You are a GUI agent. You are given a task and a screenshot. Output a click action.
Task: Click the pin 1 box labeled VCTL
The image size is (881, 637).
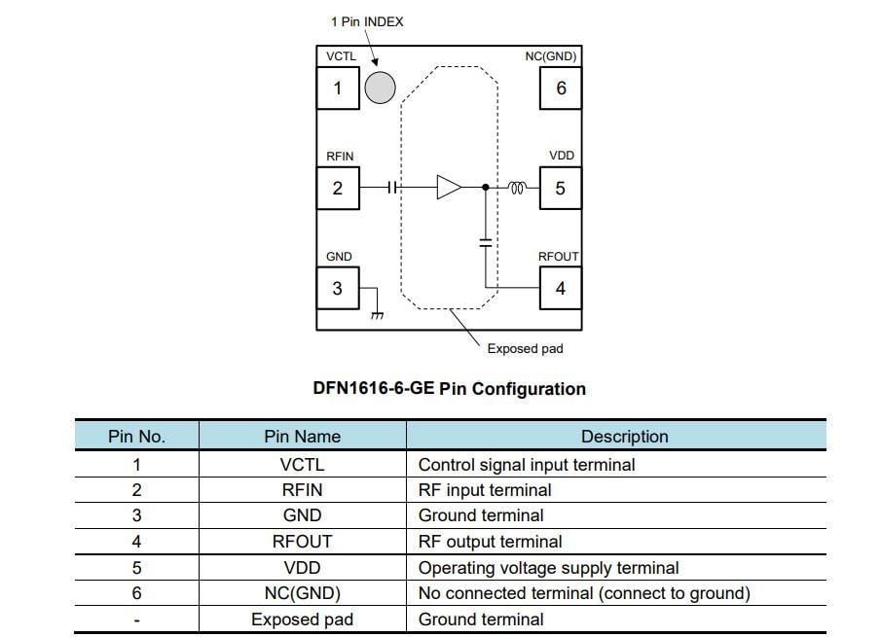click(338, 88)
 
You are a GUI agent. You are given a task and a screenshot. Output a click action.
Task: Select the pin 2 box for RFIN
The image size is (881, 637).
click(338, 188)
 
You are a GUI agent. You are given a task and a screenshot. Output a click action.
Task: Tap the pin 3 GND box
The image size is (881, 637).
click(338, 288)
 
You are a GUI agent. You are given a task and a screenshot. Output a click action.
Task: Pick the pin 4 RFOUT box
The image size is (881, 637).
click(560, 288)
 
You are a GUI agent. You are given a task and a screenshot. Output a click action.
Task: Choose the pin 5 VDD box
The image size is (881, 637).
click(560, 188)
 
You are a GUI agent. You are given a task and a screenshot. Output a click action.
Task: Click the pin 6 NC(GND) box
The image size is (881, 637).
click(561, 88)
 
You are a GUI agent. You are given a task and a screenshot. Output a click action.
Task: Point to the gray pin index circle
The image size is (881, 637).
click(380, 88)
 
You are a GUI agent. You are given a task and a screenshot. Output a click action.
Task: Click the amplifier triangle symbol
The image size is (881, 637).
click(448, 187)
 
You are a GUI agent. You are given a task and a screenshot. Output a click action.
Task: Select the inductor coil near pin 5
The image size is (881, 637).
click(517, 187)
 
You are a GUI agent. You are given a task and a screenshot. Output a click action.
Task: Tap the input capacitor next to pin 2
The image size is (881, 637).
click(392, 187)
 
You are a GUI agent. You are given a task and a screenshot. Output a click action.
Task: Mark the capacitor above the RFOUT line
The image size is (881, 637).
click(485, 241)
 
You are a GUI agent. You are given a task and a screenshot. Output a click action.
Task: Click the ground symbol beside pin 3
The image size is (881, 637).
click(378, 314)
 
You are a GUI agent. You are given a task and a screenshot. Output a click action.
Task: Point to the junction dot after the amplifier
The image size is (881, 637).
click(485, 187)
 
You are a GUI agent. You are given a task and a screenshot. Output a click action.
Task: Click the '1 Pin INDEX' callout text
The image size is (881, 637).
click(367, 21)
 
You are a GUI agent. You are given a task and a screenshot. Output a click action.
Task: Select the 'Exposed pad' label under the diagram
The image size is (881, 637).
click(525, 348)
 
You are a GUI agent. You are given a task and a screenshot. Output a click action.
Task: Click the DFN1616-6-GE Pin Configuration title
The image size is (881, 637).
click(449, 389)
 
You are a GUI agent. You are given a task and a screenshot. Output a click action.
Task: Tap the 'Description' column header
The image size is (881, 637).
click(624, 437)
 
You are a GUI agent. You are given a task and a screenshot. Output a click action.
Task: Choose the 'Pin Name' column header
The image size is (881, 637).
click(302, 437)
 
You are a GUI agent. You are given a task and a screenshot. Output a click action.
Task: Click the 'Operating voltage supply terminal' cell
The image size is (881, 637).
click(548, 568)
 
